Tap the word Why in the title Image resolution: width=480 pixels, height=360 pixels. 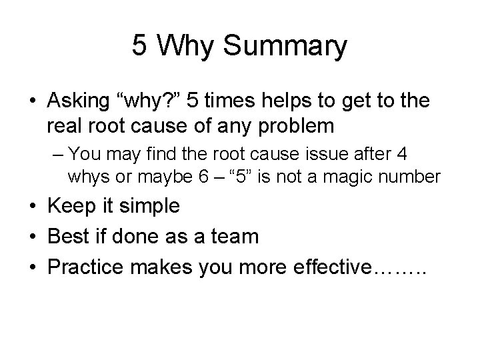tap(190, 47)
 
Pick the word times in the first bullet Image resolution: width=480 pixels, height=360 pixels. tap(236, 102)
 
